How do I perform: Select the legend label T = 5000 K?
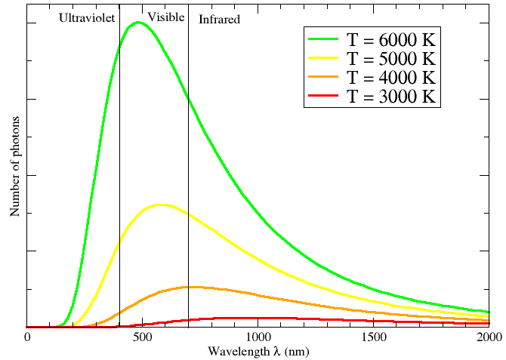click(392, 58)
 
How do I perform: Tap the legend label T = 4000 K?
click(392, 77)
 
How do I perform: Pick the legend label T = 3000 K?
click(392, 97)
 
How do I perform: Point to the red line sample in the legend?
click(325, 97)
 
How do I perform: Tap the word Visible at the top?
click(166, 17)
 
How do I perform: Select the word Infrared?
click(219, 19)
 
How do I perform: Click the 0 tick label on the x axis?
click(27, 337)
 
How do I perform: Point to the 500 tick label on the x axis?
click(143, 337)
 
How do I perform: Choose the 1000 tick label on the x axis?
click(258, 337)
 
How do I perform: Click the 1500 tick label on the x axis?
click(374, 337)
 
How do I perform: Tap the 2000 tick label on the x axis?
click(489, 337)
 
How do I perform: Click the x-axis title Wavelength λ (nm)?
click(258, 352)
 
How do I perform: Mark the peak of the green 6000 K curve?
click(138, 22)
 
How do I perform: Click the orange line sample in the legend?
click(325, 77)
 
